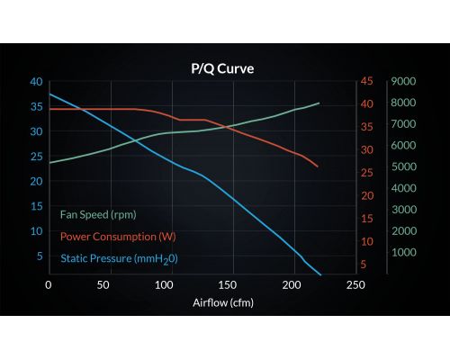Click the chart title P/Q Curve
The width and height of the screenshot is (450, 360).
pos(222,68)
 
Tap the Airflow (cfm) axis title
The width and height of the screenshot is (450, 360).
pos(223,302)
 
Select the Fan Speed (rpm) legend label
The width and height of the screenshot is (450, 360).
pos(98,215)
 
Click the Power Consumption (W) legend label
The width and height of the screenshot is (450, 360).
pos(118,237)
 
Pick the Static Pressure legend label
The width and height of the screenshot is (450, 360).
pos(119,259)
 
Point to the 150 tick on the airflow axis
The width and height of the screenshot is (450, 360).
pos(228,285)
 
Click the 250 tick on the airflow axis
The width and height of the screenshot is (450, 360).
pos(355,285)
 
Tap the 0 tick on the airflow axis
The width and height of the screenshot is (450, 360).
pos(49,285)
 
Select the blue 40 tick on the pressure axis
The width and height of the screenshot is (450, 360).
pos(36,82)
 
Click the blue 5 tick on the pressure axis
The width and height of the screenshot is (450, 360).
pos(40,256)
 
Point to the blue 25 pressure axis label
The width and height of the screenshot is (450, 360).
pos(36,157)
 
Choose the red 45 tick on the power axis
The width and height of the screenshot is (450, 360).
pos(367,81)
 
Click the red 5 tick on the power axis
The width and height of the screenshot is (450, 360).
pos(364,265)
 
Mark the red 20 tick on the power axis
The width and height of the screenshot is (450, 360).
pos(367,196)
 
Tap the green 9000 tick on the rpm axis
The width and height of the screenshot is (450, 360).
pos(403,81)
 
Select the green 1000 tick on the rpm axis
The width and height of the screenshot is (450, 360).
pos(404,252)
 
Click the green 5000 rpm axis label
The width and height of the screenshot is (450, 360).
pos(404,166)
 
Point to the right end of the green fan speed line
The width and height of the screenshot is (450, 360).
pos(319,103)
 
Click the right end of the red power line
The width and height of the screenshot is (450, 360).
pos(318,166)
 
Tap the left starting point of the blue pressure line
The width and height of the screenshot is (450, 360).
pos(49,94)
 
